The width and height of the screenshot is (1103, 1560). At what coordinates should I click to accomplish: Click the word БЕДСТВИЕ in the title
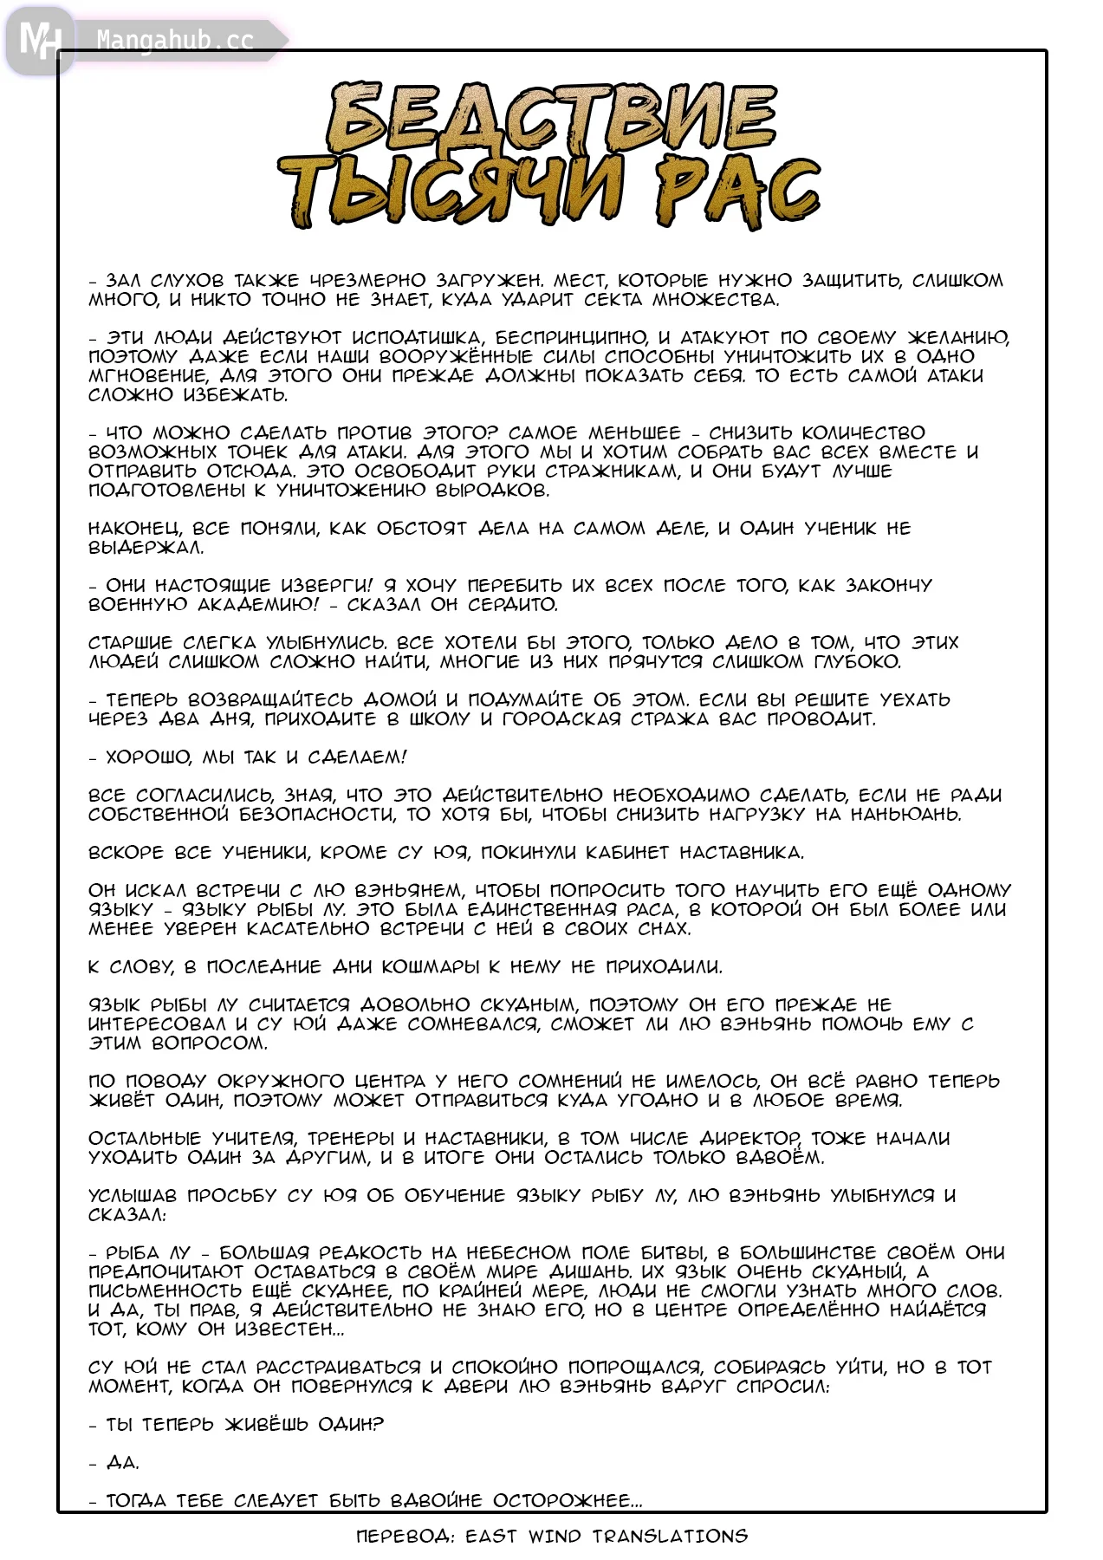[x=552, y=119]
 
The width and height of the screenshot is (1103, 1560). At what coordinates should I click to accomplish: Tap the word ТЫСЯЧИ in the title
[x=451, y=192]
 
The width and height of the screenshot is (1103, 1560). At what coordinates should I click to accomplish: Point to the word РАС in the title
[x=736, y=192]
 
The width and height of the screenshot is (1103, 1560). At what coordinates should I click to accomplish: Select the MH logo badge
[x=39, y=40]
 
